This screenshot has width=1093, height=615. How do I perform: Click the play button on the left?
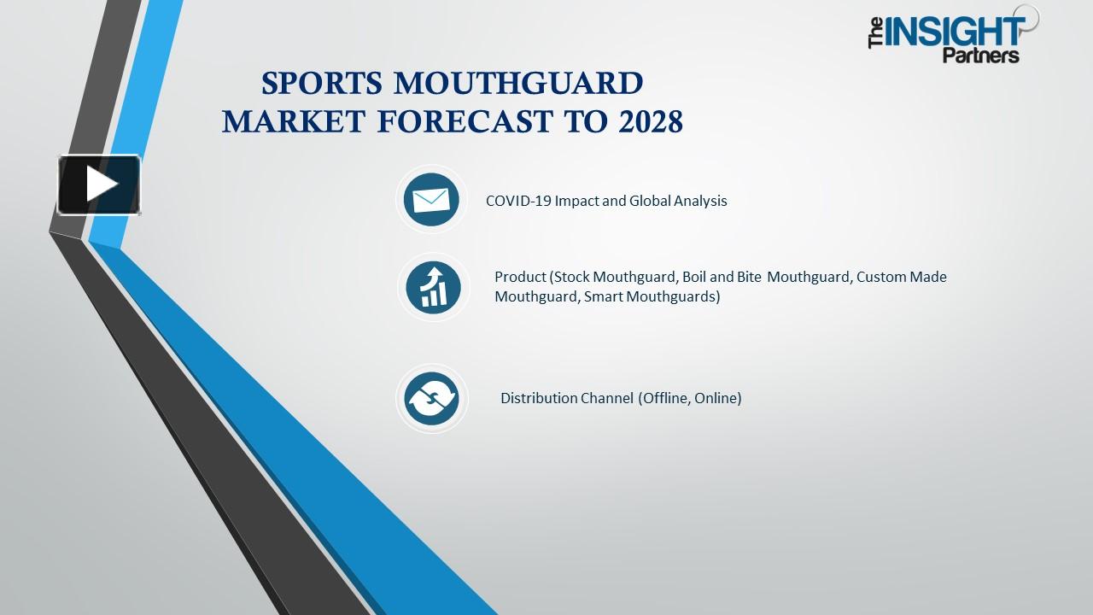(x=99, y=184)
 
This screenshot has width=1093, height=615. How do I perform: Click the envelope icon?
(x=431, y=200)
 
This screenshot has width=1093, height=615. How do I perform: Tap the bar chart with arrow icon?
(x=433, y=287)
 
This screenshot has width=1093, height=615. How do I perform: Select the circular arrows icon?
(x=431, y=398)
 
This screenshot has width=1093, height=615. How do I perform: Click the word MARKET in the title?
(x=294, y=122)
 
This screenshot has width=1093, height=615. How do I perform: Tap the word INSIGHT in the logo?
(x=955, y=32)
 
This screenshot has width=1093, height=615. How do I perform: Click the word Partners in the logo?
(x=981, y=56)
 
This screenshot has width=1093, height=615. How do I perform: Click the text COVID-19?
(x=518, y=201)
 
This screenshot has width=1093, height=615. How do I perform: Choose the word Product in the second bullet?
(x=520, y=277)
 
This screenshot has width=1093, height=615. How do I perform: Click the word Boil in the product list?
(x=694, y=277)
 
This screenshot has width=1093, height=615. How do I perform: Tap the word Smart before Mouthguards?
(x=604, y=296)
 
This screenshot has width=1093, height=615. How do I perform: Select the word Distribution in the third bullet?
(x=539, y=398)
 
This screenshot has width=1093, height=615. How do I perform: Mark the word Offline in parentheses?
(x=665, y=398)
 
